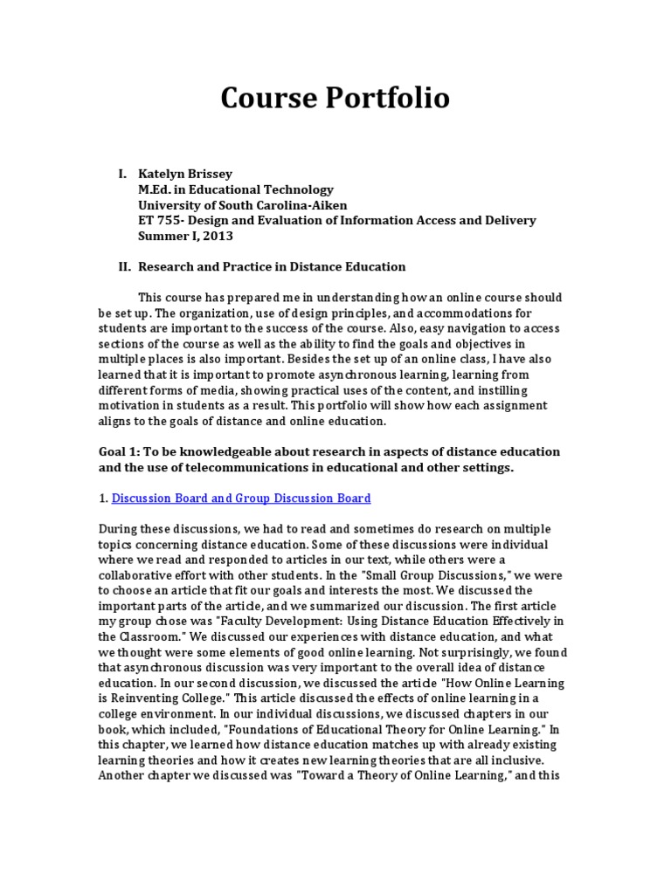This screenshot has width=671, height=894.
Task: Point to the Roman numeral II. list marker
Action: [x=124, y=266]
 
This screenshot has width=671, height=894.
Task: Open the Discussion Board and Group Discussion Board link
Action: [x=241, y=498]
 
